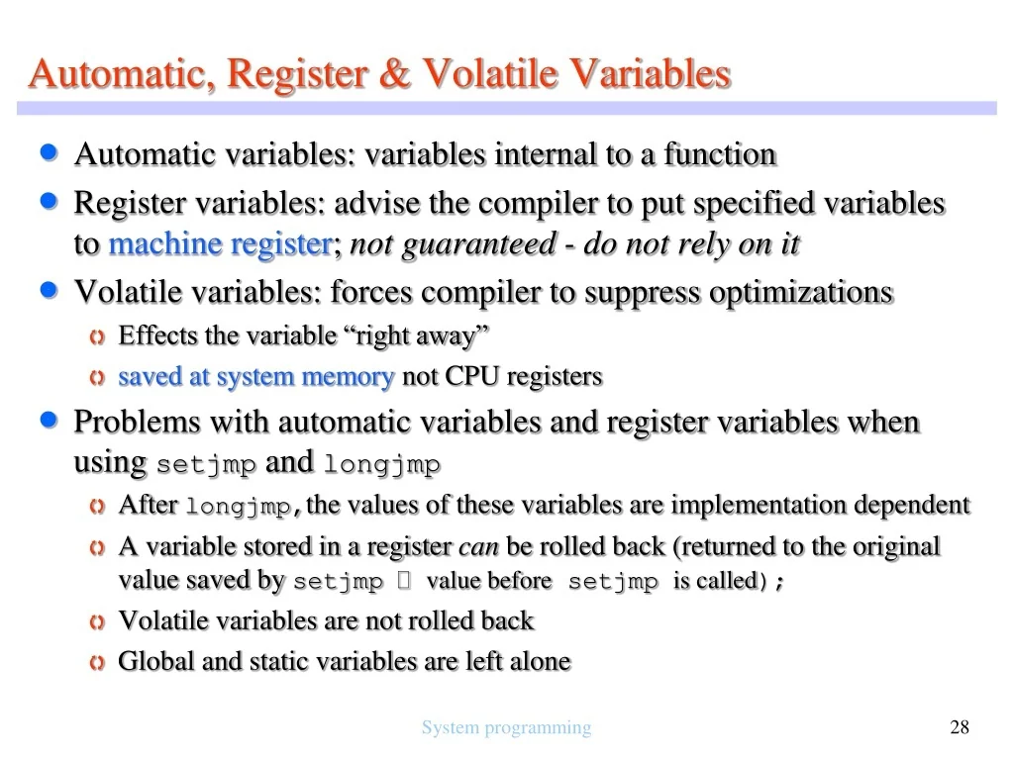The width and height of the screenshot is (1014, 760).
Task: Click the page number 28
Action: click(x=959, y=728)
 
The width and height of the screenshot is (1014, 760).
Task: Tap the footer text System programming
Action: click(x=506, y=728)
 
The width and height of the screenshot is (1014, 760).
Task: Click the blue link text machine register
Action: click(x=219, y=244)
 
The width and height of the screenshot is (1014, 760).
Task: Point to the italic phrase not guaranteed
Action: click(x=453, y=244)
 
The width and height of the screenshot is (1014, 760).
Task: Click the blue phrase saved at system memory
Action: click(x=255, y=377)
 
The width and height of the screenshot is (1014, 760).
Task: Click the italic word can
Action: click(x=478, y=547)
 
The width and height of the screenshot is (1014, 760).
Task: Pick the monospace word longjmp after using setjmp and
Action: click(x=381, y=464)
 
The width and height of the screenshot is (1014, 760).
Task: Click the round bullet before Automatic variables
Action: click(x=52, y=153)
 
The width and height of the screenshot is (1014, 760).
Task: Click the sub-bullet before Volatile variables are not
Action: click(x=96, y=622)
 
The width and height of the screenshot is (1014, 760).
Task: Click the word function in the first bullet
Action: click(x=720, y=154)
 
